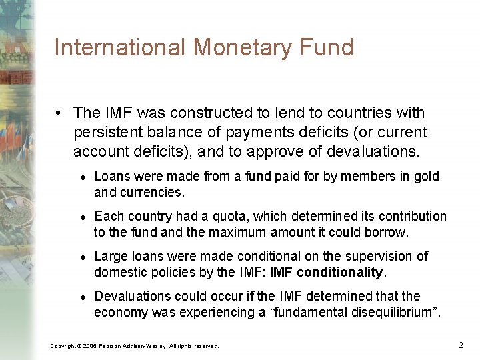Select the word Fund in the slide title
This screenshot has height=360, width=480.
(329, 48)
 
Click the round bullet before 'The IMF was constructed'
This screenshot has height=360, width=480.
(60, 113)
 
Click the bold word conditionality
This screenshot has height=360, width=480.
(340, 272)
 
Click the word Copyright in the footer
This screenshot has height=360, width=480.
(64, 345)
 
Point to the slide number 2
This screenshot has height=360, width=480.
(461, 345)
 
